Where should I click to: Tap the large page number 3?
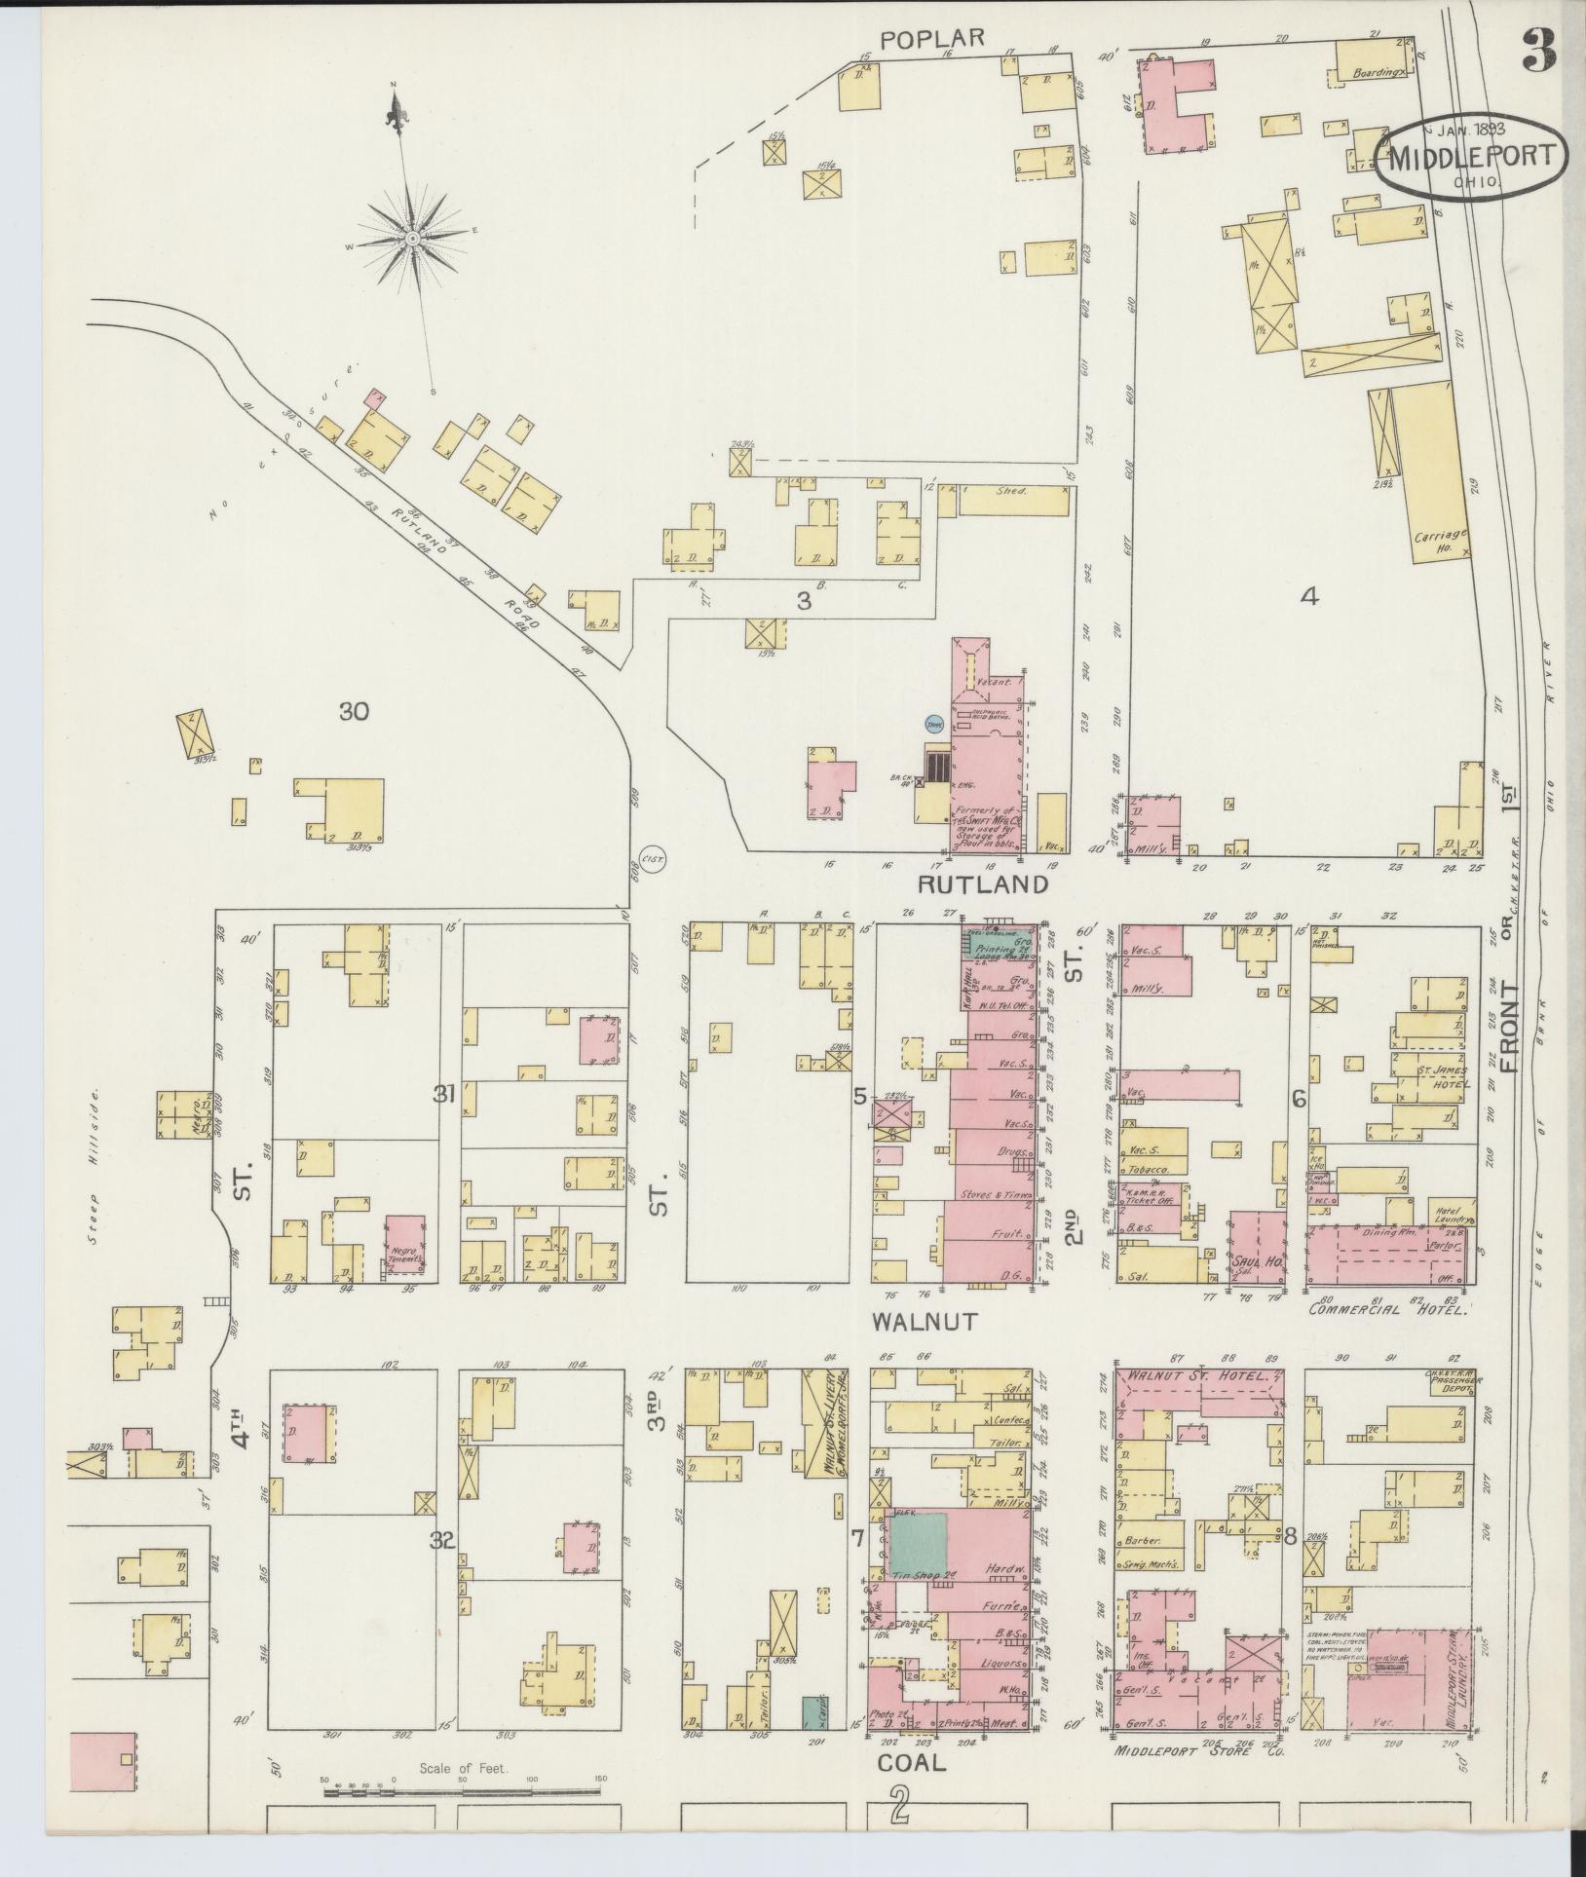pos(1538,49)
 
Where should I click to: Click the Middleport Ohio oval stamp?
pos(1471,157)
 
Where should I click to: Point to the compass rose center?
pos(412,238)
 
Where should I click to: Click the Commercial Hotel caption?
pos(1387,1309)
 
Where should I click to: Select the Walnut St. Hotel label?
pos(1199,1376)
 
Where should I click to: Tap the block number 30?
pos(354,712)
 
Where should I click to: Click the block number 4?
pos(1310,597)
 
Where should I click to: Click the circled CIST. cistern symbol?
pos(651,859)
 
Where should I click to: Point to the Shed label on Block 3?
pos(1013,491)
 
